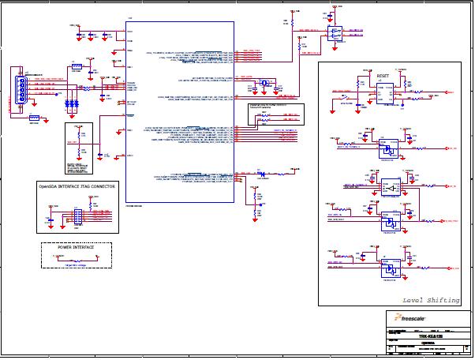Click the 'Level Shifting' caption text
[x=431, y=301]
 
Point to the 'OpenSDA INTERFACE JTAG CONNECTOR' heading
[x=77, y=186]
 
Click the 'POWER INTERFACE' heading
[x=76, y=247]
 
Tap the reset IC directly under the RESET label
[x=384, y=95]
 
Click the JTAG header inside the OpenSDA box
[x=78, y=215]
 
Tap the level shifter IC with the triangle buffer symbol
[x=390, y=188]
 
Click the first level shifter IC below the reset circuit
[x=387, y=150]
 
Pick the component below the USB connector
[x=35, y=119]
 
